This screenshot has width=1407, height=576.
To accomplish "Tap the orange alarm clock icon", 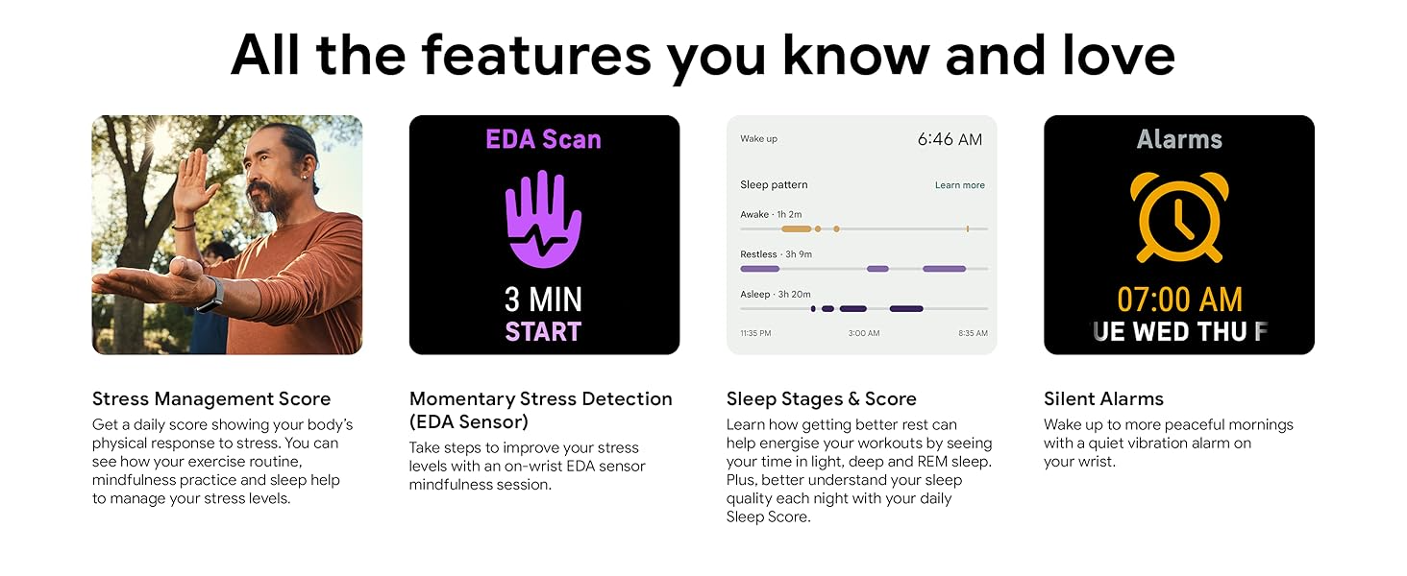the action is point(1179,216).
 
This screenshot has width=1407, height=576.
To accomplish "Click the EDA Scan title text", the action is point(543,139).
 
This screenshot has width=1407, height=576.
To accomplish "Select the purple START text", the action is point(543,331).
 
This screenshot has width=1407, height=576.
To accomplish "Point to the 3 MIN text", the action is point(543,300).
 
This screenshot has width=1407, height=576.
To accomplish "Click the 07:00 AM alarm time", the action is point(1179,300).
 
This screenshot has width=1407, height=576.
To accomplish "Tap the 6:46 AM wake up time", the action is point(950,139).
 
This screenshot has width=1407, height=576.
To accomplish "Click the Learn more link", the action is point(960,185).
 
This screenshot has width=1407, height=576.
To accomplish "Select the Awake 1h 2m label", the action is point(771,215).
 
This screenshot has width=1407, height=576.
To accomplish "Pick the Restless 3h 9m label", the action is point(776,254).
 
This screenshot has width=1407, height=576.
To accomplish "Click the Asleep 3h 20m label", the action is point(776,295).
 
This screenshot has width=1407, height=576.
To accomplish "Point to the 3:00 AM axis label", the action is point(864,333).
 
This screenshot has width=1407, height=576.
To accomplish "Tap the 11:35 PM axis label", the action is point(755,333).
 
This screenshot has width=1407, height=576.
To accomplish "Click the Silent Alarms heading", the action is point(1103,399).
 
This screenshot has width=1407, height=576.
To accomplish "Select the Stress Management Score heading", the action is point(211,399).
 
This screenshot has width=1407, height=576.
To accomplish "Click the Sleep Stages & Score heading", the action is point(821,399).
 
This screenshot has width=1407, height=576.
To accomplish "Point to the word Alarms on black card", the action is point(1179,139).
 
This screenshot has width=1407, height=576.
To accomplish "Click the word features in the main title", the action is point(535,56).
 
